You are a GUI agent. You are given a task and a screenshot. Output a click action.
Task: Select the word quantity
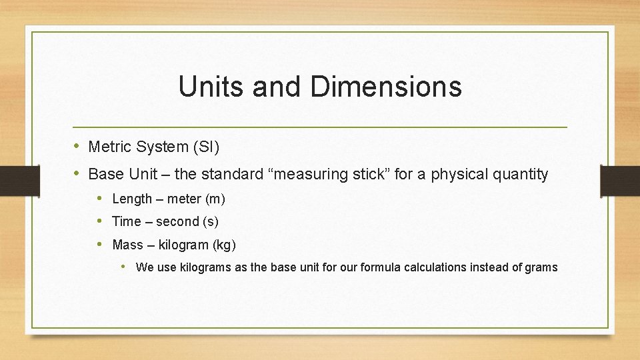(x=521, y=175)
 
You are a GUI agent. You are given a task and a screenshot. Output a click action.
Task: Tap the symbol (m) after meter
(x=215, y=199)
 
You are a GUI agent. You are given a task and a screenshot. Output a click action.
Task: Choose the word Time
(x=126, y=221)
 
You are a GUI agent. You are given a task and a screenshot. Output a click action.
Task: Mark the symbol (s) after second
(x=211, y=221)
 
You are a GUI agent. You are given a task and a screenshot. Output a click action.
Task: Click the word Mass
(x=127, y=245)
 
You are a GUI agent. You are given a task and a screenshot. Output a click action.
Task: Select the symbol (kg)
(x=224, y=245)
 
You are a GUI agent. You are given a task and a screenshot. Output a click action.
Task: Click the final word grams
(x=541, y=267)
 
